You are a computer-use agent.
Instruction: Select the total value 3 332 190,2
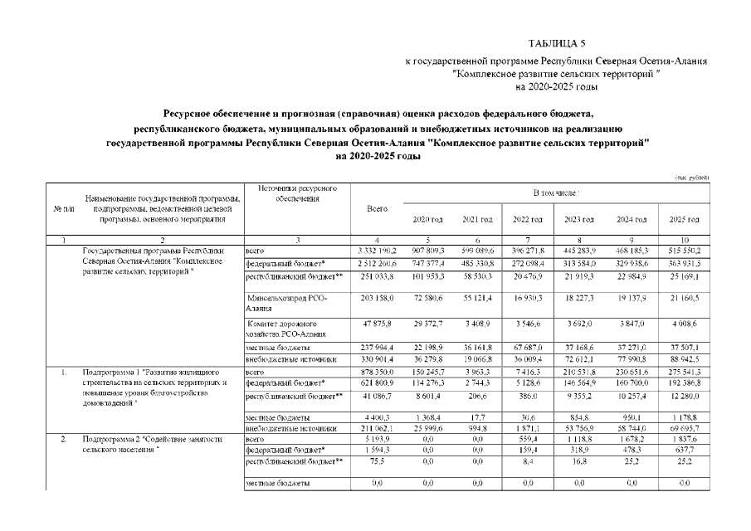[x=377, y=249]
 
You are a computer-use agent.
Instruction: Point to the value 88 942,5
[x=684, y=359]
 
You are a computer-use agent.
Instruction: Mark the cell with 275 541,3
[x=684, y=373]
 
